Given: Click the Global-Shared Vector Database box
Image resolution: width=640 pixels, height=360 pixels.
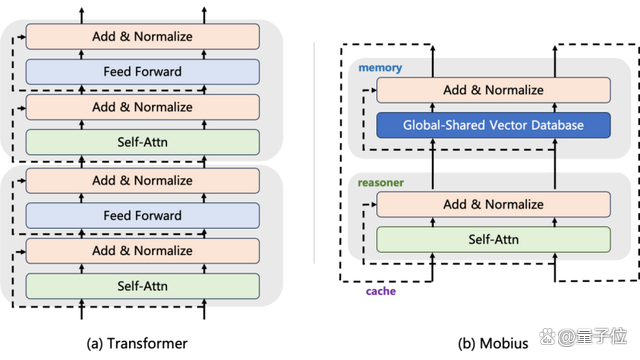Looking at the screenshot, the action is pos(493,125).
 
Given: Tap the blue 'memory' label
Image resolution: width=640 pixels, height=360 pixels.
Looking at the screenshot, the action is pos(380,68).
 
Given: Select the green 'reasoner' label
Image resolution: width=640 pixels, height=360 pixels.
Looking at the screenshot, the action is pos(381,182).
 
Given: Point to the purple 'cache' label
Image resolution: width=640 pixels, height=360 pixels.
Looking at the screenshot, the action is pos(381,291).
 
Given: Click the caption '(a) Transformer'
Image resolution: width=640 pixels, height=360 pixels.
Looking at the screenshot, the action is pos(137,343).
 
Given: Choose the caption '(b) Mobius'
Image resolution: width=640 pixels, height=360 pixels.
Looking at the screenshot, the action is pos(493,343).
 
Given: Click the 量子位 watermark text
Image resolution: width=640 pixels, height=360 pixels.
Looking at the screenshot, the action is pos(602,336).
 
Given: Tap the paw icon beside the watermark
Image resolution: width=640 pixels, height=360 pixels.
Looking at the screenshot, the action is pos(547,336).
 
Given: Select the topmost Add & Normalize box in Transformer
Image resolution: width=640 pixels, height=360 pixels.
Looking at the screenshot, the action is pos(142,36).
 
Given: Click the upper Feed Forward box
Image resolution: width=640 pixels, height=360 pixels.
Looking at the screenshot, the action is pos(142,72).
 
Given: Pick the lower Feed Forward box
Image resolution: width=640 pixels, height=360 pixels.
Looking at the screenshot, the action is pos(142,216).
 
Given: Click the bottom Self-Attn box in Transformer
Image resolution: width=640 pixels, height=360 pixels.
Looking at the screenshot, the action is pos(142,286).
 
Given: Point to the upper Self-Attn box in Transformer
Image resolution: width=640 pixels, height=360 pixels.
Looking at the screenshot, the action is pos(142,142).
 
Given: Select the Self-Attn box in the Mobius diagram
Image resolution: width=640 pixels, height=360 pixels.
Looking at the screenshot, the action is pos(493,240).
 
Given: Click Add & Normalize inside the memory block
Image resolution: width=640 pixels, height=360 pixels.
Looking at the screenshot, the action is pos(493,90).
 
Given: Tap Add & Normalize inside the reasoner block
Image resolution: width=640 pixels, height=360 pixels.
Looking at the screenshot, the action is pos(493,204).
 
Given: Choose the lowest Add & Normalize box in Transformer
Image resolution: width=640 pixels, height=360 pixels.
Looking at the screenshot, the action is pos(142,251).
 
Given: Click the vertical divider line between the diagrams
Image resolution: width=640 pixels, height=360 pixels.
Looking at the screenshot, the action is pos(314,153).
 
